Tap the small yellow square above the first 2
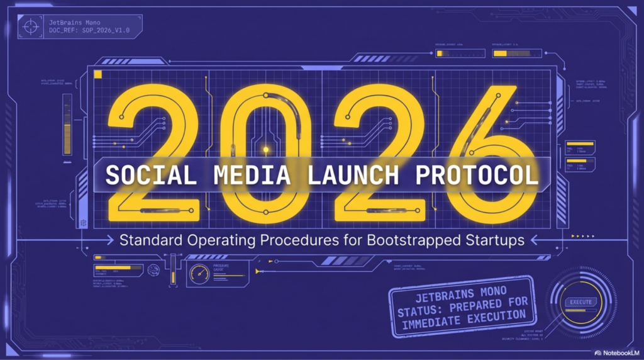97,75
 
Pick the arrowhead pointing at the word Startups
535,240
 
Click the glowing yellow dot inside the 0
265,150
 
